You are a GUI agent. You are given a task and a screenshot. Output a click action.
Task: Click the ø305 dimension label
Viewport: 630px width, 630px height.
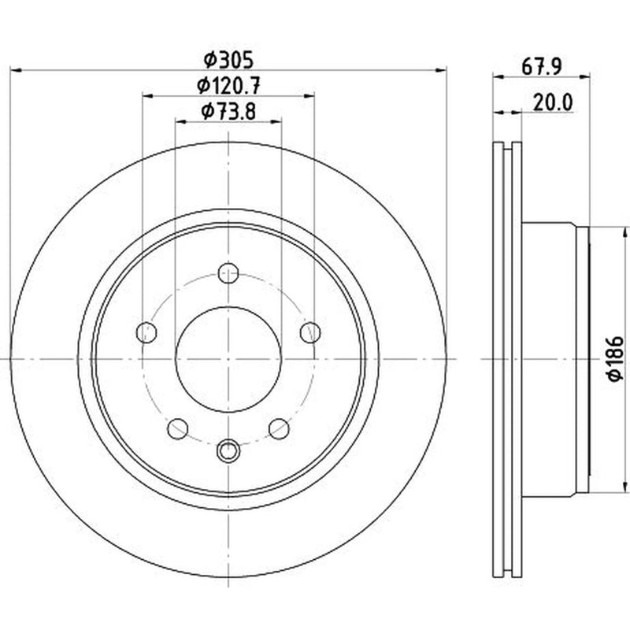click(x=228, y=61)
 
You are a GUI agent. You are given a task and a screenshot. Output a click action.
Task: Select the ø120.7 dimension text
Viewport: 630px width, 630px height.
click(x=228, y=86)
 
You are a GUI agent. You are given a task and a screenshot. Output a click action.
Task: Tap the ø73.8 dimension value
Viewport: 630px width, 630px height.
click(x=228, y=111)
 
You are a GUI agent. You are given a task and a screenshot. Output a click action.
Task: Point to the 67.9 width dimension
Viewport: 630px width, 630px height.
click(x=541, y=66)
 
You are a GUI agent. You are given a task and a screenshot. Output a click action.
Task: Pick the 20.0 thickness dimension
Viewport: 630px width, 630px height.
click(x=553, y=103)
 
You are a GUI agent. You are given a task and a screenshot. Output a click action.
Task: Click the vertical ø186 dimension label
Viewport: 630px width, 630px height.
click(x=615, y=358)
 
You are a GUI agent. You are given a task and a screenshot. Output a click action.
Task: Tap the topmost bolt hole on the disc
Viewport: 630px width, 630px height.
click(x=228, y=273)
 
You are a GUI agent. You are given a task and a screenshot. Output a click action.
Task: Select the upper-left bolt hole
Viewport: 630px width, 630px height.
click(x=146, y=332)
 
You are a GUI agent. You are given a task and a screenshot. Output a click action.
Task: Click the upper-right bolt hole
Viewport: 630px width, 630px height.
click(x=310, y=332)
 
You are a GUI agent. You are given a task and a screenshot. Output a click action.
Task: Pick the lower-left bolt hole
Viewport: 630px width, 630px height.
click(x=178, y=428)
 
